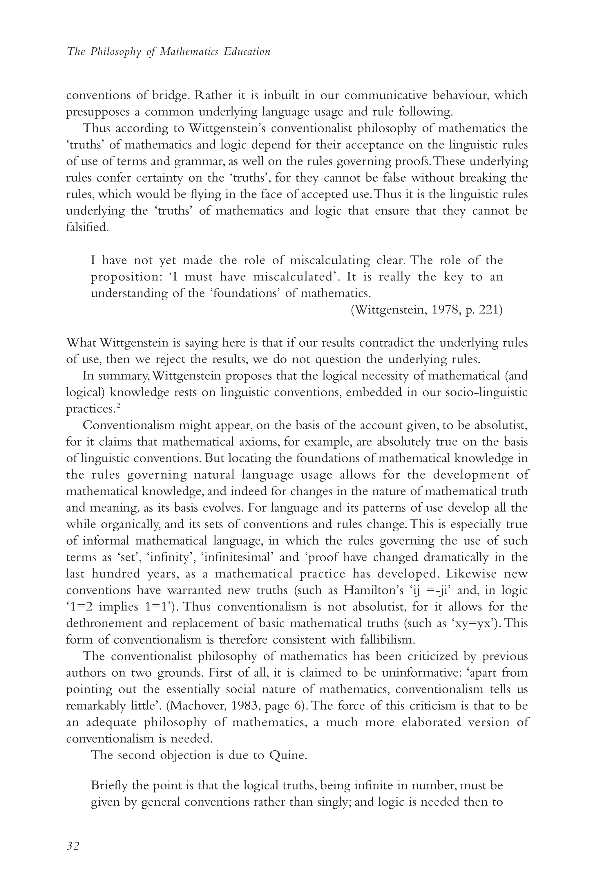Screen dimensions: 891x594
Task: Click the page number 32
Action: click(73, 846)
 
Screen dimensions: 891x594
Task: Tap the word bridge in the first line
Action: click(170, 95)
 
